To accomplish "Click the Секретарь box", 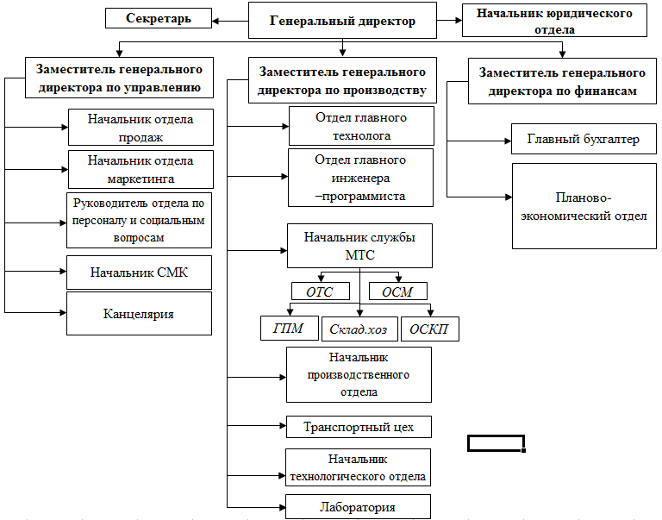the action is [x=159, y=18].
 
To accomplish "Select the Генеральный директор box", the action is [x=342, y=21].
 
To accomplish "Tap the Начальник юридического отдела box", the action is [x=554, y=21].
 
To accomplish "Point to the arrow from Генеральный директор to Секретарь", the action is [x=230, y=21].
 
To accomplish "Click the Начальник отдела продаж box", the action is [x=141, y=127].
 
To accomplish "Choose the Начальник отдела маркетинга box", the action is [x=141, y=169].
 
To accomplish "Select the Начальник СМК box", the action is [x=139, y=273].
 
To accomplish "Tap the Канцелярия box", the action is [x=139, y=313].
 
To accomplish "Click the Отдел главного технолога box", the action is [x=361, y=126].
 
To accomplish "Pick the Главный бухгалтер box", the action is [x=584, y=139].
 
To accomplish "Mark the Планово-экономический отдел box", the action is [x=584, y=206].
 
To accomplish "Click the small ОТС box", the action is [x=321, y=291].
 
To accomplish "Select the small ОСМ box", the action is [x=398, y=291].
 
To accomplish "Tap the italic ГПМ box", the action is [x=290, y=328].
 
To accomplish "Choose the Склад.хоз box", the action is [x=359, y=329].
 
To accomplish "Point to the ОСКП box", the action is [x=430, y=329].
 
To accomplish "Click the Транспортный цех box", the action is [x=359, y=427].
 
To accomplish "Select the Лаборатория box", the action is [x=358, y=507].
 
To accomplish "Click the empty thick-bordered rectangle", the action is [x=496, y=435].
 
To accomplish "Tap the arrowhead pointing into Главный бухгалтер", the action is [x=509, y=141].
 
